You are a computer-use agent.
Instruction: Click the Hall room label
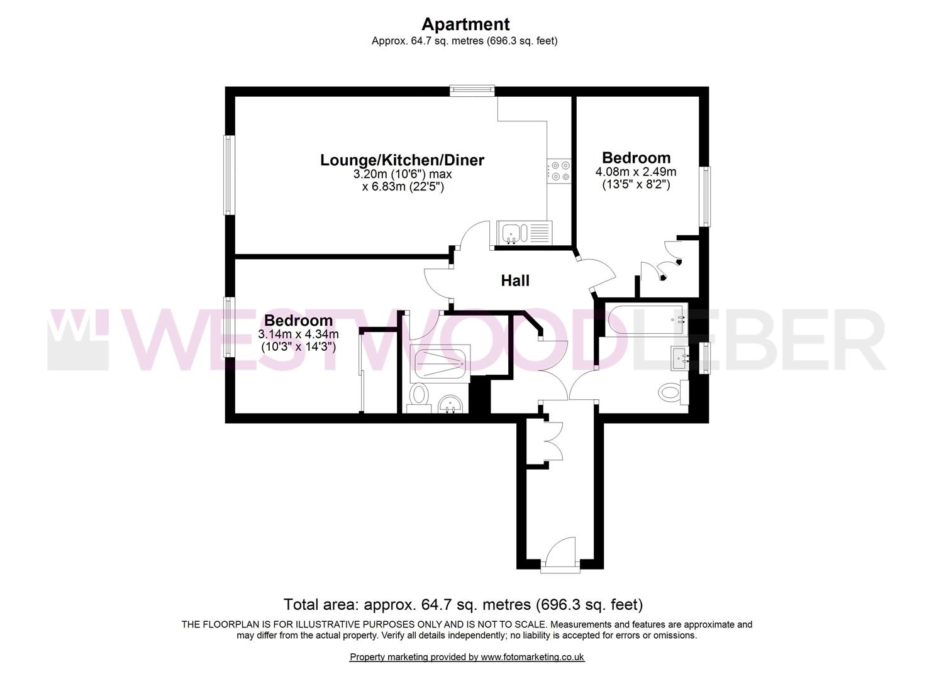[515, 281]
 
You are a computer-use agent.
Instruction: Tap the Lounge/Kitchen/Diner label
[402, 160]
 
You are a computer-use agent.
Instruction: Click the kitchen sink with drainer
[524, 233]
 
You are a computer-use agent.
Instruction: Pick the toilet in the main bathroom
[673, 392]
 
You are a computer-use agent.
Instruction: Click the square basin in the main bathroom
[680, 358]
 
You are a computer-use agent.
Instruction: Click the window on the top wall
[472, 91]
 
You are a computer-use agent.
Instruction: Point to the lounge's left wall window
[229, 175]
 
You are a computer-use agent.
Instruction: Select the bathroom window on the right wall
[704, 358]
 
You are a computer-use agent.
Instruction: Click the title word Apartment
[465, 24]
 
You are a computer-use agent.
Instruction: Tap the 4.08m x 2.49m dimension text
[636, 172]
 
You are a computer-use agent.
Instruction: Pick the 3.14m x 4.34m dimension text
[298, 334]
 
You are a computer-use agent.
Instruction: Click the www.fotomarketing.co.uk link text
[533, 658]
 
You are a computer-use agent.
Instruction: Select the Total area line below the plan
[463, 604]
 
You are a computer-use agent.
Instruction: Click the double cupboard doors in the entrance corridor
[553, 441]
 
